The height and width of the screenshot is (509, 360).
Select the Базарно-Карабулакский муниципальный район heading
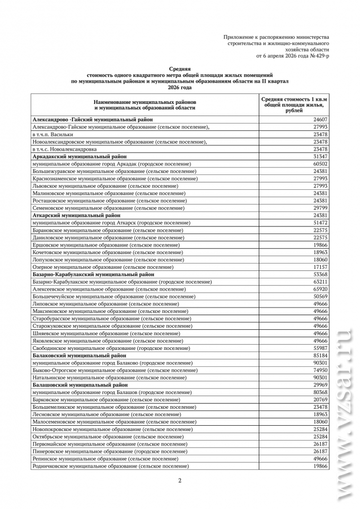(x=93, y=275)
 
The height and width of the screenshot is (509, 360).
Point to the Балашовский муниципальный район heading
(x=80, y=385)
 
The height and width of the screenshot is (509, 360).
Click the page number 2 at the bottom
(x=180, y=480)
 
